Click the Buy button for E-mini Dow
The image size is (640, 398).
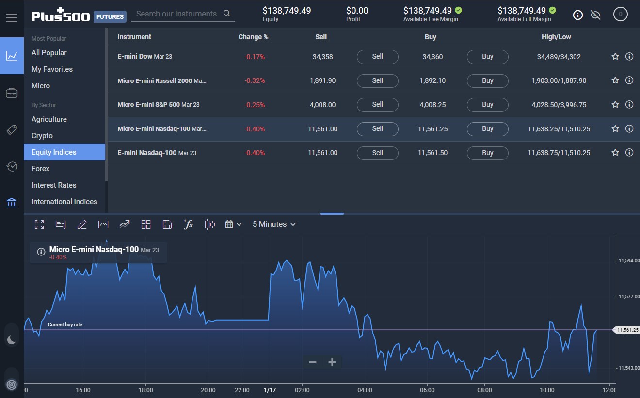click(487, 57)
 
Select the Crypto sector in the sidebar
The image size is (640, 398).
click(42, 136)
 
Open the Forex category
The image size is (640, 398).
click(41, 169)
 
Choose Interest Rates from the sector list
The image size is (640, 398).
click(54, 185)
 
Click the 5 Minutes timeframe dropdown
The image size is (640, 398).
click(273, 224)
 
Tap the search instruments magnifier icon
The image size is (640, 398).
click(227, 14)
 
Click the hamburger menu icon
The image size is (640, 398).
click(12, 18)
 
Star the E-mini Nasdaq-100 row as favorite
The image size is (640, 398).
click(615, 153)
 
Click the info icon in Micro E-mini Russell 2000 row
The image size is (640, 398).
click(629, 80)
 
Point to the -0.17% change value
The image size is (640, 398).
click(255, 57)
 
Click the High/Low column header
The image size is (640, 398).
click(556, 37)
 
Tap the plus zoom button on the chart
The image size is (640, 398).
click(332, 362)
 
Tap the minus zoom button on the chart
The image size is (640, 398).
click(313, 362)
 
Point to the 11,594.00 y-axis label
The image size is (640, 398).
click(628, 261)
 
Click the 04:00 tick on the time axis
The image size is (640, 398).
click(365, 390)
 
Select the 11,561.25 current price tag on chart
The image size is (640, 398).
click(627, 330)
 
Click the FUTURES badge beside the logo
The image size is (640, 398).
click(110, 16)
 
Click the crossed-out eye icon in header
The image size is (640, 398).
click(595, 15)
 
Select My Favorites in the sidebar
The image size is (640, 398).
click(52, 69)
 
